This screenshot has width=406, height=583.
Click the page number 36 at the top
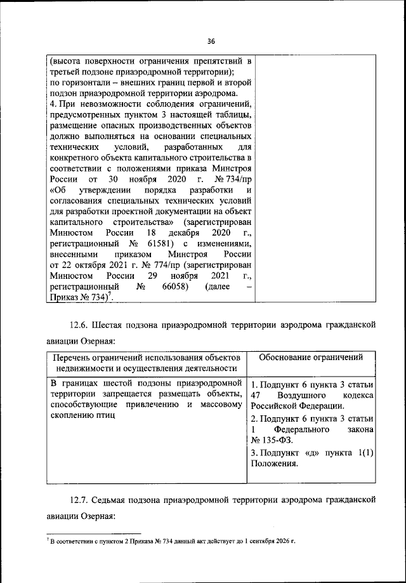click(x=211, y=41)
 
